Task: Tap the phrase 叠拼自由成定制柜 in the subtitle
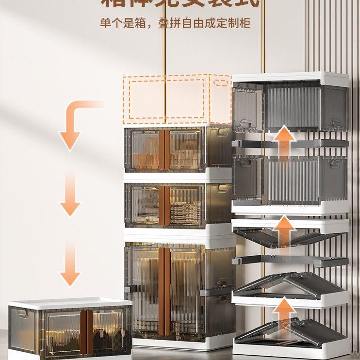pyautogui.click(x=204, y=23)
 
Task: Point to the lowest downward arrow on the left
pyautogui.click(x=70, y=264)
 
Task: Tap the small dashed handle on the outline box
pyautogui.click(x=221, y=81)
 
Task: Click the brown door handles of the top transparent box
pyautogui.click(x=164, y=149)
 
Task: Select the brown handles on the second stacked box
pyautogui.click(x=164, y=205)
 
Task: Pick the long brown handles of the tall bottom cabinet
pyautogui.click(x=164, y=291)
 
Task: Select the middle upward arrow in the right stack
pyautogui.click(x=286, y=230)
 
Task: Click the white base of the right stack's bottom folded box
pyautogui.click(x=291, y=350)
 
